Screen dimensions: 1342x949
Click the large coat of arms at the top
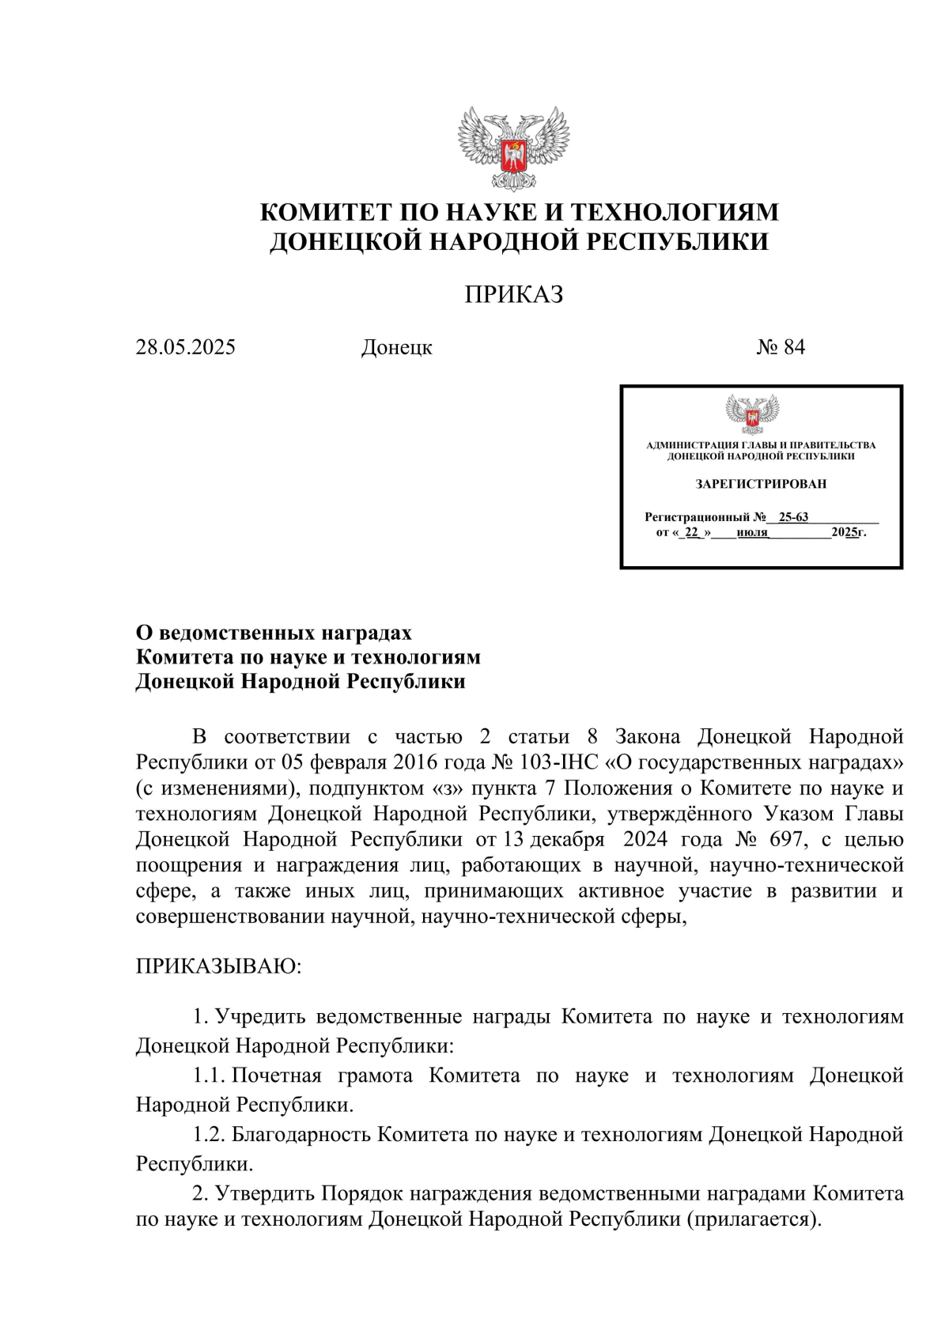[514, 149]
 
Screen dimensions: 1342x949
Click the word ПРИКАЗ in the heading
[514, 294]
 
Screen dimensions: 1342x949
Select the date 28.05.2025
[186, 347]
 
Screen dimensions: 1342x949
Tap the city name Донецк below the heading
[397, 347]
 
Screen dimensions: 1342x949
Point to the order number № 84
[781, 347]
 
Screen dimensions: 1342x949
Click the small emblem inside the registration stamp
[752, 414]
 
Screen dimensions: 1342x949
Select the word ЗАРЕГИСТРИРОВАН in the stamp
[761, 483]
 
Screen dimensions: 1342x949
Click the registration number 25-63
[793, 517]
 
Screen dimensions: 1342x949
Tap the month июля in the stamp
[752, 532]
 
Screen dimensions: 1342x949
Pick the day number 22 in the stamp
[692, 532]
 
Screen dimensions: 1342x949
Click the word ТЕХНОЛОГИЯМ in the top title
[675, 212]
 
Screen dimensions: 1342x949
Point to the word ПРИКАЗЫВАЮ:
[219, 966]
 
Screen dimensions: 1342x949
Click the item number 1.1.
[209, 1075]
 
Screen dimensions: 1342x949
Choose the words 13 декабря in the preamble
[554, 839]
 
